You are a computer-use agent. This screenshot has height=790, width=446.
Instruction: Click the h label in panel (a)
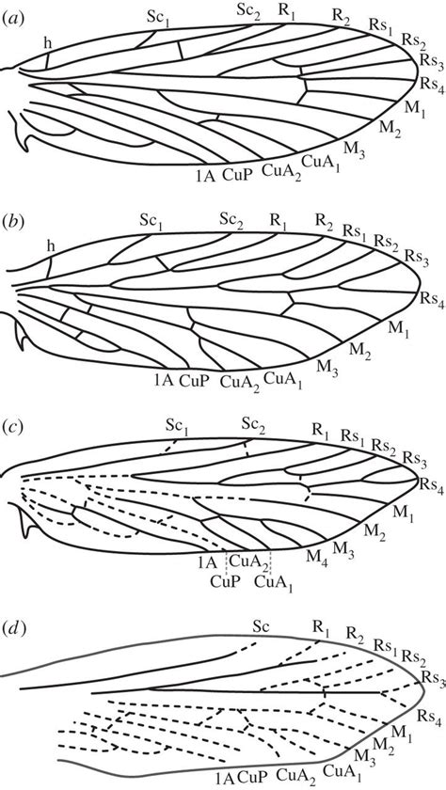(x=47, y=44)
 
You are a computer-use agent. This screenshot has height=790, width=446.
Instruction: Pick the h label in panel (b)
(x=50, y=245)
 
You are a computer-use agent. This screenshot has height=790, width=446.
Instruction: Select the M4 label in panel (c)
(x=318, y=558)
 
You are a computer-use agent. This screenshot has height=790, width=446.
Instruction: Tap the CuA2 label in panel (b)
(x=235, y=382)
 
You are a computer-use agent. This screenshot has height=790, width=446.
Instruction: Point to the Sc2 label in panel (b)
(x=231, y=218)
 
